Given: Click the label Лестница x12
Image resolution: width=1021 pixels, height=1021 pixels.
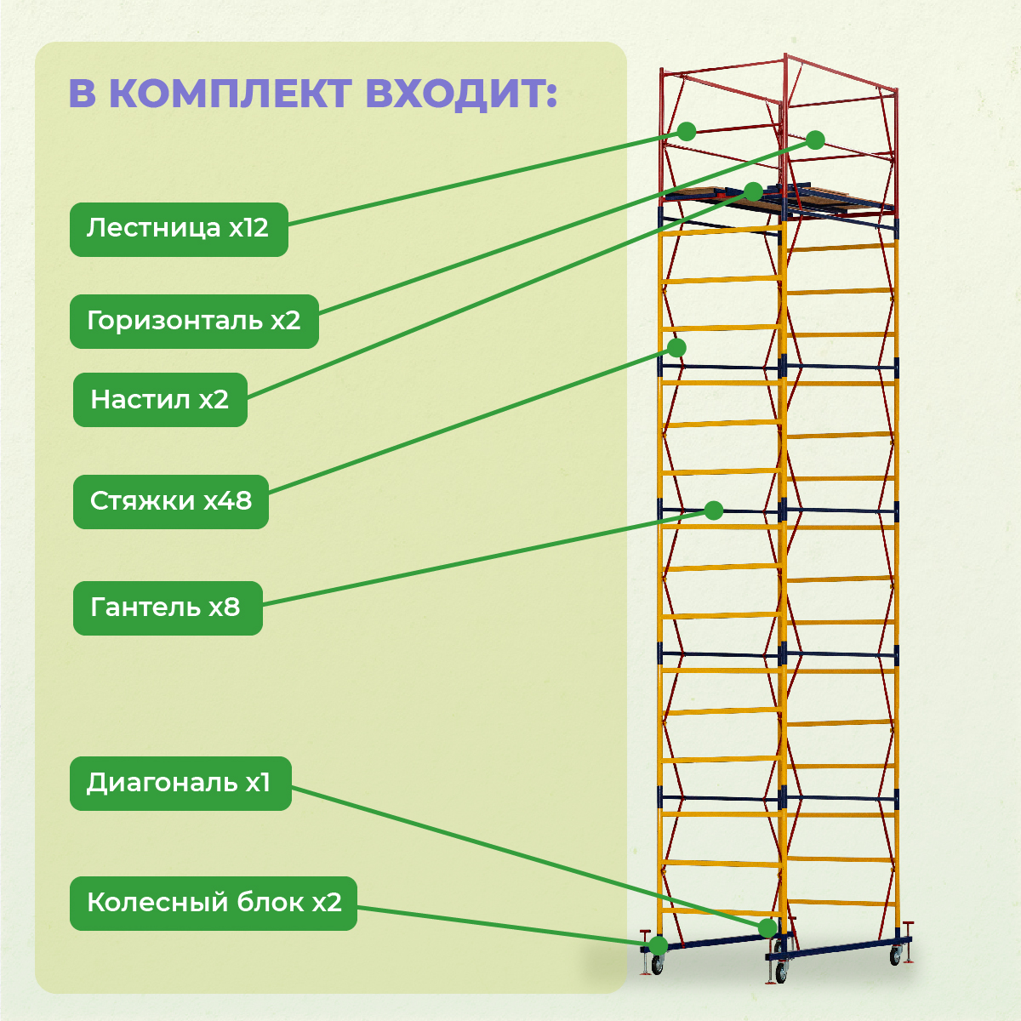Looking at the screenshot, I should pos(179,229).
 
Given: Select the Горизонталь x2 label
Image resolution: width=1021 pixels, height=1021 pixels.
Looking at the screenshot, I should pos(194,321).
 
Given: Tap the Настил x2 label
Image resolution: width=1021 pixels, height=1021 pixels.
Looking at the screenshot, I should pos(160,399).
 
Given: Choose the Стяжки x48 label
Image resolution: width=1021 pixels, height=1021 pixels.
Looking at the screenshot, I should pos(171,501).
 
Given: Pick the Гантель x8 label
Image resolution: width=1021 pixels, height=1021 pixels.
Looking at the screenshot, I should pos(167,607).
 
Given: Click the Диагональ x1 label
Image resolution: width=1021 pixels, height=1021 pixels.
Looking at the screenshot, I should pos(180,783).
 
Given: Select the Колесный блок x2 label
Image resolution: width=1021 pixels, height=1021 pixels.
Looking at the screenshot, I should pos(214,903).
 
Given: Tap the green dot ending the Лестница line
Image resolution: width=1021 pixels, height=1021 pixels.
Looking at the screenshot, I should pos(687,131).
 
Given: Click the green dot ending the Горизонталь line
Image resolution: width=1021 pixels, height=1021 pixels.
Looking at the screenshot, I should pos(815,140).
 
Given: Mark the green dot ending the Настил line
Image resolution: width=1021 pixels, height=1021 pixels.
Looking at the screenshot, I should pos(753,191).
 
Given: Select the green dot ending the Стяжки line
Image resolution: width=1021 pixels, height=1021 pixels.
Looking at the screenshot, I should pos(676,347).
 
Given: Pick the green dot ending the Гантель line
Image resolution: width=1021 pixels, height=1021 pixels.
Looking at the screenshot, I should pos(714,510).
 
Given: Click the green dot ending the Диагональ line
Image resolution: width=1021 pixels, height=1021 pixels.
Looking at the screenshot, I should pos(767,927).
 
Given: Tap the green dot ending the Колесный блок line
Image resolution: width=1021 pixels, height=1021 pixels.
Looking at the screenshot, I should pos(658,945).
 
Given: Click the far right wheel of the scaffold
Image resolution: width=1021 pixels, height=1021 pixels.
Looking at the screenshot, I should pos(895,957).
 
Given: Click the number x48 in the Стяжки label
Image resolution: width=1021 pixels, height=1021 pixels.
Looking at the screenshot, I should pos(227,501).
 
